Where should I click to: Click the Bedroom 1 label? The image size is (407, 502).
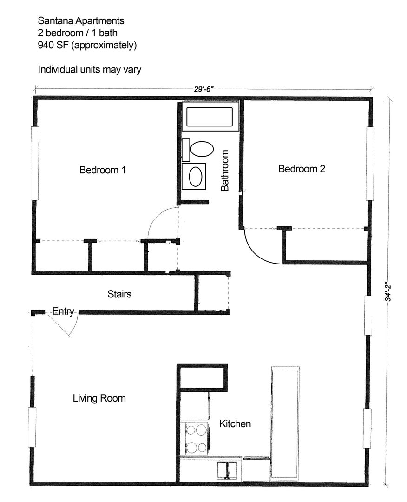pos(103,170)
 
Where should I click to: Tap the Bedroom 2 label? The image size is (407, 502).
pos(302,169)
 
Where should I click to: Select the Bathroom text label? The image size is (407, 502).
pos(225,170)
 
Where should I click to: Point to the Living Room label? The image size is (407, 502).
pos(99,398)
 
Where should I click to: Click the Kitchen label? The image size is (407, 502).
pos(235,423)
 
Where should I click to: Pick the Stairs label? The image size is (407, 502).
pos(119,294)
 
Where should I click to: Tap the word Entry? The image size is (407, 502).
pos(63,311)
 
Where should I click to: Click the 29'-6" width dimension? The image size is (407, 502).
pos(203,90)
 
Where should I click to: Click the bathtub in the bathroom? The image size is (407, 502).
pos(210,117)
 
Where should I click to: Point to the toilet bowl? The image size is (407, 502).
pos(202,149)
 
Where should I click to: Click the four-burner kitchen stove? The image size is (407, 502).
pos(196,438)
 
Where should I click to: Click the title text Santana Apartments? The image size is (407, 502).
pos(81,21)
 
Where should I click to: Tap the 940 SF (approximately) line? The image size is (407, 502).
pos(87,45)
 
